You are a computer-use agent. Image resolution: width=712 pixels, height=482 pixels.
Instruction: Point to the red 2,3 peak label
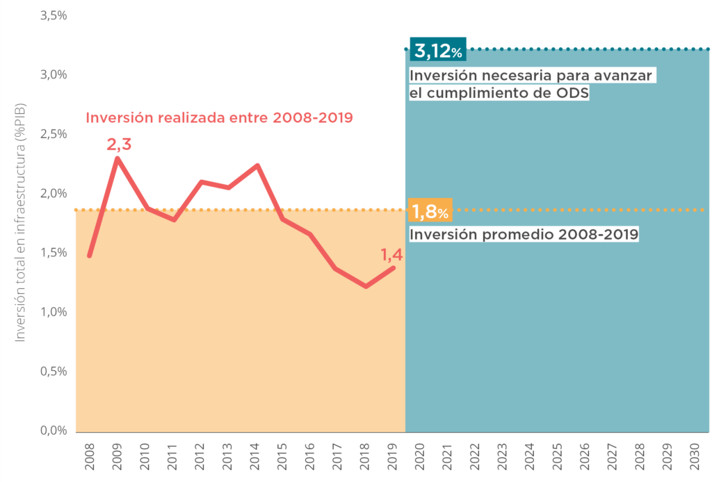click(119, 144)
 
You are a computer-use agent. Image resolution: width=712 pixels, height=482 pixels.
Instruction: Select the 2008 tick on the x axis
click(89, 454)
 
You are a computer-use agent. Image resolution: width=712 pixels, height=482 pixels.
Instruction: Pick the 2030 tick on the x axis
click(693, 454)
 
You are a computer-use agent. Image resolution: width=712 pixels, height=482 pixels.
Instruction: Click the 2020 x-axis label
click(419, 454)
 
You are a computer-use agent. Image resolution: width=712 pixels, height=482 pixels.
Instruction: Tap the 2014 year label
click(254, 454)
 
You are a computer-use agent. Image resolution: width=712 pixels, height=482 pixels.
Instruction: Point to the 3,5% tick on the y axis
click(54, 15)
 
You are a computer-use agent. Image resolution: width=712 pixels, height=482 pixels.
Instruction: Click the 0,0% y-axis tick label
click(54, 431)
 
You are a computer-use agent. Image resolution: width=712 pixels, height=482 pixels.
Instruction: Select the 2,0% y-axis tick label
click(54, 193)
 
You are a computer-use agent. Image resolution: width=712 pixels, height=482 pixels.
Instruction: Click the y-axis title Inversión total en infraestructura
click(21, 222)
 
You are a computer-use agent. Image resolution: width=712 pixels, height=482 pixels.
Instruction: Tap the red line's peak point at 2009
click(117, 158)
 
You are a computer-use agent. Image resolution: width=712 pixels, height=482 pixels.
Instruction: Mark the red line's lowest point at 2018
click(366, 286)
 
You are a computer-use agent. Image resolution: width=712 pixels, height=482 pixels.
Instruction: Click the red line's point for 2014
click(257, 165)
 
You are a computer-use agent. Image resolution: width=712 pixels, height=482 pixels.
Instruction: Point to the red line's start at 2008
click(89, 256)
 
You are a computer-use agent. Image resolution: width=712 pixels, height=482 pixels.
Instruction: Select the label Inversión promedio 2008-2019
click(524, 234)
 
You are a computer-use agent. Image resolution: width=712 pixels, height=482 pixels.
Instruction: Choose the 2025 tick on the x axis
click(556, 454)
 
